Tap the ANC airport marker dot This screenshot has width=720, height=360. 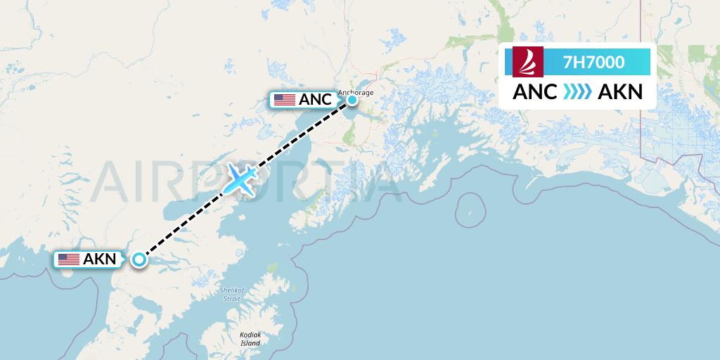pyautogui.click(x=351, y=100)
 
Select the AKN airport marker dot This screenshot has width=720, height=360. pyautogui.click(x=139, y=259)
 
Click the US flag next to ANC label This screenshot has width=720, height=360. pyautogui.click(x=285, y=100)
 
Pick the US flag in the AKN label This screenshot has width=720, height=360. pyautogui.click(x=69, y=259)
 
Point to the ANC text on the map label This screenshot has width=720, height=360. pyautogui.click(x=314, y=100)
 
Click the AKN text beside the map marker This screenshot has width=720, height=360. pyautogui.click(x=99, y=259)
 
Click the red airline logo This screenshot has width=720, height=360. pyautogui.click(x=524, y=62)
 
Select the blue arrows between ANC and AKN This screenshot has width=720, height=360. pyautogui.click(x=577, y=92)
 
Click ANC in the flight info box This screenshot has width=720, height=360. pyautogui.click(x=535, y=92)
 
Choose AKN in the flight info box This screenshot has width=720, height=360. pyautogui.click(x=619, y=92)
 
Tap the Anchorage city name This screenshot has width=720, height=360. pyautogui.click(x=356, y=91)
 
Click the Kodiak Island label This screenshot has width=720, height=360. pyautogui.click(x=250, y=339)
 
